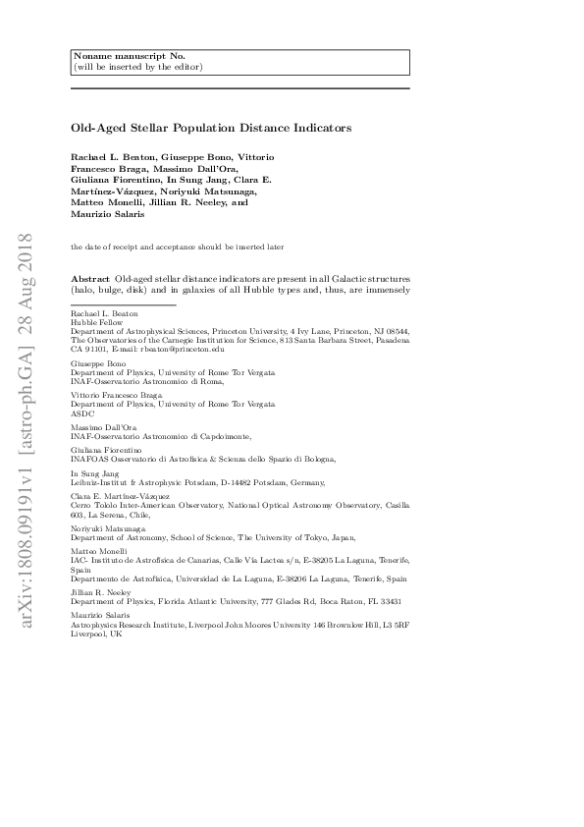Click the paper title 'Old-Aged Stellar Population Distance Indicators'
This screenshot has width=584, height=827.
pos(211,128)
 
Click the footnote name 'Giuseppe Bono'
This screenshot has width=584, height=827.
pos(95,362)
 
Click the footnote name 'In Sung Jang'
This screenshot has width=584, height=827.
pos(94,472)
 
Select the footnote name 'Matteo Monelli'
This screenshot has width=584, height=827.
pos(97,551)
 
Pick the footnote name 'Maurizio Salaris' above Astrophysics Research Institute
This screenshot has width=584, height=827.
pos(100,614)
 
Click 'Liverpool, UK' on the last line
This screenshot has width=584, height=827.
pos(96,634)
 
